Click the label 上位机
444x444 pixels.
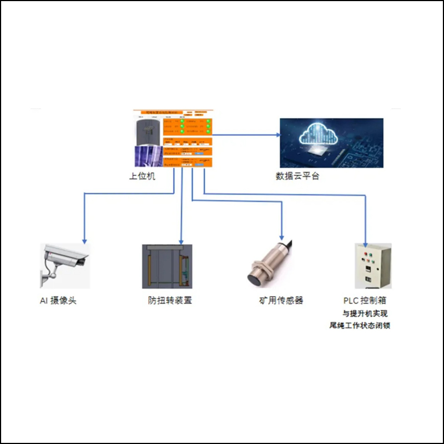point(143,176)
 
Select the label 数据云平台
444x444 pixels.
point(297,176)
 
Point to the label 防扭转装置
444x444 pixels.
point(167,301)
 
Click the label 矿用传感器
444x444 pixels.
point(281,301)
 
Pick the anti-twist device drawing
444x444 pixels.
point(167,266)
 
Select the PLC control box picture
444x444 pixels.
point(372,266)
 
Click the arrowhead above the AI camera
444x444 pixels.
point(84,240)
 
